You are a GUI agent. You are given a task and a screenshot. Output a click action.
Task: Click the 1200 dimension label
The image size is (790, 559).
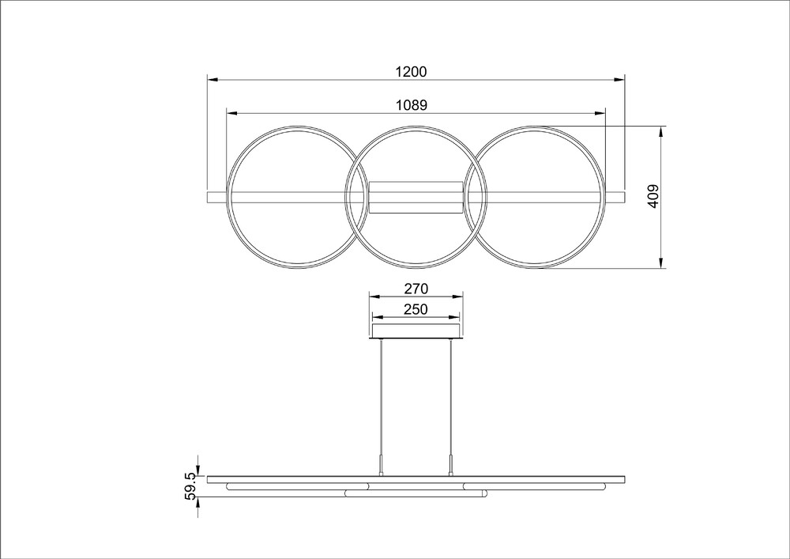[x=411, y=72]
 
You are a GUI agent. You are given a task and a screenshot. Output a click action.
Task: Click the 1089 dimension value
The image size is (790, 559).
[x=412, y=105]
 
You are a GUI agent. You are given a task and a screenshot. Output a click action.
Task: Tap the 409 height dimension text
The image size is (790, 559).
[x=653, y=196]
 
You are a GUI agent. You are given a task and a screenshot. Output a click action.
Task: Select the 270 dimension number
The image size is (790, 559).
[x=416, y=289]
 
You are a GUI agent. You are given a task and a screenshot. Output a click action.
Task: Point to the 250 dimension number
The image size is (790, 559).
[x=416, y=309]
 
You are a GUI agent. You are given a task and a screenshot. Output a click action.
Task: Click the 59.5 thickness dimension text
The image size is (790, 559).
[x=191, y=486]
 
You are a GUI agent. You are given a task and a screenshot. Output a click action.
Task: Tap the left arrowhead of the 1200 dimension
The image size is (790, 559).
[x=212, y=80]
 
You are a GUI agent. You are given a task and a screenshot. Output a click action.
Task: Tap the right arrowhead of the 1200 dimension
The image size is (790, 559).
[x=619, y=80]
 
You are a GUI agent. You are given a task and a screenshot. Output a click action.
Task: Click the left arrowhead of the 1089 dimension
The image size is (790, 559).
[x=231, y=113]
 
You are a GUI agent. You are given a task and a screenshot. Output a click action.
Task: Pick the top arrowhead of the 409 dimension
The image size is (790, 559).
[x=661, y=131]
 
